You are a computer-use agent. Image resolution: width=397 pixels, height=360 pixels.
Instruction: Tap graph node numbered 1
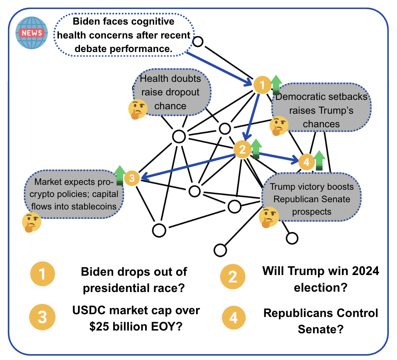(x=262, y=85)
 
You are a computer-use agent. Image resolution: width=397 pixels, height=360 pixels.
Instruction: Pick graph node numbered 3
(x=132, y=179)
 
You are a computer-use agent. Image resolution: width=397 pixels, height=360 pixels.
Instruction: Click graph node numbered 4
(x=306, y=162)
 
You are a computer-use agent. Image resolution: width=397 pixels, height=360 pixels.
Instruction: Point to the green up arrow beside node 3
(x=120, y=175)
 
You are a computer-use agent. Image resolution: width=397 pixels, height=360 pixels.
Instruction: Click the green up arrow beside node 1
(x=276, y=84)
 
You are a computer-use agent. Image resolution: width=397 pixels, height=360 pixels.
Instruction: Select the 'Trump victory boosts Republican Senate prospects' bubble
(x=312, y=199)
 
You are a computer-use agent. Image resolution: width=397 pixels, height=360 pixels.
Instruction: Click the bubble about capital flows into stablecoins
(x=74, y=194)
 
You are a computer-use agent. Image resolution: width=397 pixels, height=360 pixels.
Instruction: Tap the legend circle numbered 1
(x=43, y=275)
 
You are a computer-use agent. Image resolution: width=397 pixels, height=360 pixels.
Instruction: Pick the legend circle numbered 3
(x=43, y=318)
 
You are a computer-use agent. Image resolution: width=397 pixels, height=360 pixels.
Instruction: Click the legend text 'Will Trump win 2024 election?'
(x=320, y=279)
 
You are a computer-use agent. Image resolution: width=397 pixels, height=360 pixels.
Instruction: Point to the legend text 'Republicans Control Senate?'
(x=320, y=321)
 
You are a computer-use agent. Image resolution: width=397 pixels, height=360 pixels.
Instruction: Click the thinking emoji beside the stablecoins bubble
(x=32, y=222)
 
